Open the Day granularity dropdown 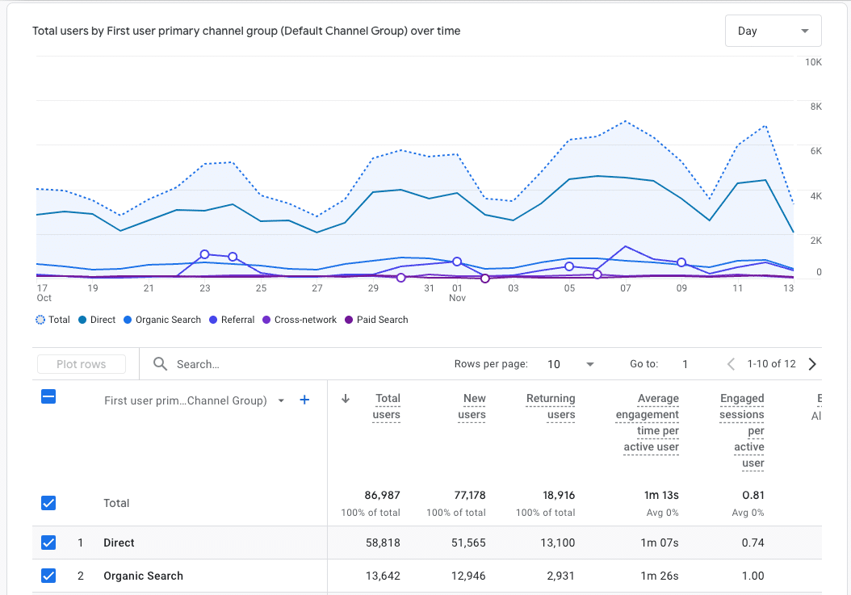pyautogui.click(x=773, y=31)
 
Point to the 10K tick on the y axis pyautogui.click(x=812, y=62)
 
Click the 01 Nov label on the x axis pyautogui.click(x=457, y=292)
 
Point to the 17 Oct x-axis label pyautogui.click(x=44, y=292)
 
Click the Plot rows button pyautogui.click(x=82, y=364)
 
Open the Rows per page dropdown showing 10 pyautogui.click(x=570, y=364)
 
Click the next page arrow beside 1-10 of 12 pyautogui.click(x=812, y=364)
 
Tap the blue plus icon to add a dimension pyautogui.click(x=304, y=400)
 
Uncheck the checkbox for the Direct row pyautogui.click(x=48, y=543)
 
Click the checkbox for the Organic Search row pyautogui.click(x=48, y=576)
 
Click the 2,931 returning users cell pyautogui.click(x=559, y=576)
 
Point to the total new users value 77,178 pyautogui.click(x=468, y=495)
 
